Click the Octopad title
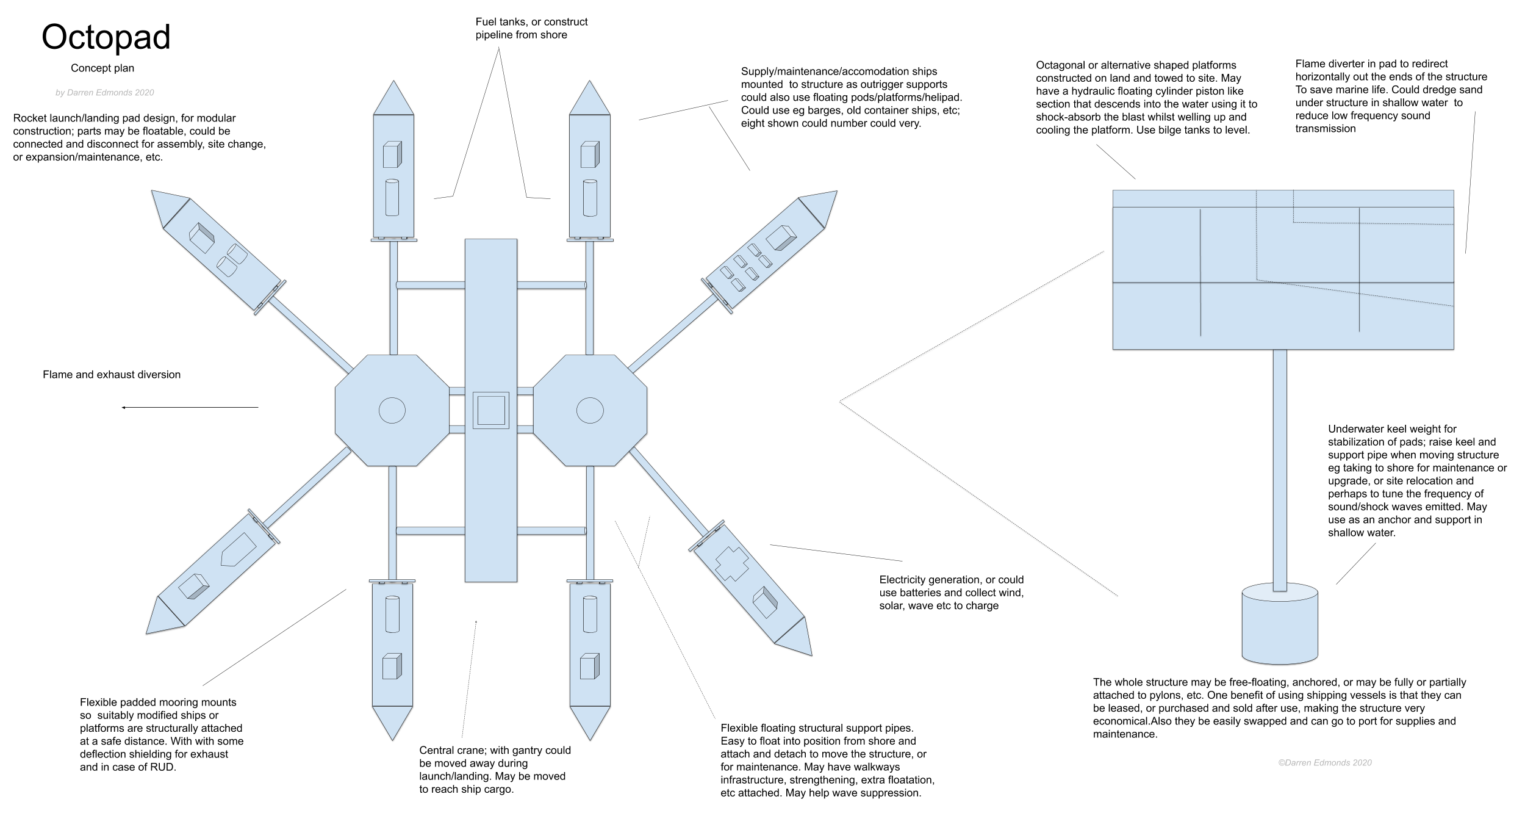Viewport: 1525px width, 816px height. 106,37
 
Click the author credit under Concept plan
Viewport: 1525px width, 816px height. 104,93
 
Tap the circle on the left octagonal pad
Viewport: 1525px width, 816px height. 392,410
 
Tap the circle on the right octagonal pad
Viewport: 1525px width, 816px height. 589,410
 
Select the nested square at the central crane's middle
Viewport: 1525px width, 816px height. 491,410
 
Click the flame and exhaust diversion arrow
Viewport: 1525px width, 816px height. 190,407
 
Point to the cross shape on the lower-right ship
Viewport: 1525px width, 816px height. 731,563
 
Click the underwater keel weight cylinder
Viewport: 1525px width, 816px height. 1280,625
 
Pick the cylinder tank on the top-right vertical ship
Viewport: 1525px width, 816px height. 589,197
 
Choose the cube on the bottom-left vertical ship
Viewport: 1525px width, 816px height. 391,666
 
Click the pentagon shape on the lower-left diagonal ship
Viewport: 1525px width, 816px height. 238,549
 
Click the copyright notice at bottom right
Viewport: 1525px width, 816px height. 1325,762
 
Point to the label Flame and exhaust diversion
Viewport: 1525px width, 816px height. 112,375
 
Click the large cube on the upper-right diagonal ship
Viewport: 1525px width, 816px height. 781,237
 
